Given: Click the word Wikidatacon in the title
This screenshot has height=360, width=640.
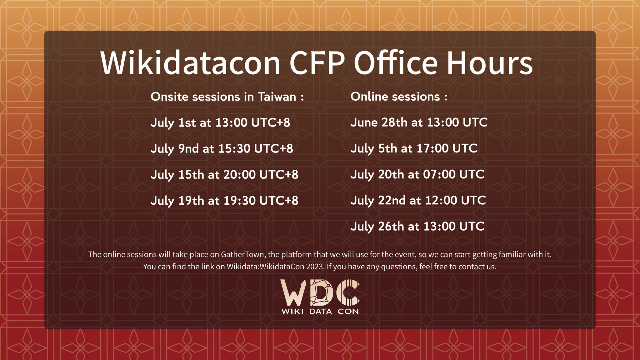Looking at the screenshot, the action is coord(190,63).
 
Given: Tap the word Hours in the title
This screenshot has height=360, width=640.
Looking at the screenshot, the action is coord(490,63).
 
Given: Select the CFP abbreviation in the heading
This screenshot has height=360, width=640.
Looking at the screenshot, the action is coord(317,63).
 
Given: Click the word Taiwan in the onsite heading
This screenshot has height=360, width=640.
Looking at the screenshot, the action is coord(277,97).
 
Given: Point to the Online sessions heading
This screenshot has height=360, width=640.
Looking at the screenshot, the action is coord(399,97).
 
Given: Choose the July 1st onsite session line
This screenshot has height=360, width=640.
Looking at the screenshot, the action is coord(220,123).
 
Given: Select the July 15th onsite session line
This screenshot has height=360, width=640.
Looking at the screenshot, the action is coord(224,175).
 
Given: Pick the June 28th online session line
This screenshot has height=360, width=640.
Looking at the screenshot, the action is coord(419,122).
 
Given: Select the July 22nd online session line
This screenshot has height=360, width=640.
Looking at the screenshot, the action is coord(418,201).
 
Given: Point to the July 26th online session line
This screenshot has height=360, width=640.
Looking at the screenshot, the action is coord(417,227).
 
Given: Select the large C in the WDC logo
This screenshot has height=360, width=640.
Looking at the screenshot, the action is coord(348,292).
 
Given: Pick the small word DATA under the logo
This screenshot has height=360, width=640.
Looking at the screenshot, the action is coord(321,311).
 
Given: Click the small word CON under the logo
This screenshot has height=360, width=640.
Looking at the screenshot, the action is coord(348,311).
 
